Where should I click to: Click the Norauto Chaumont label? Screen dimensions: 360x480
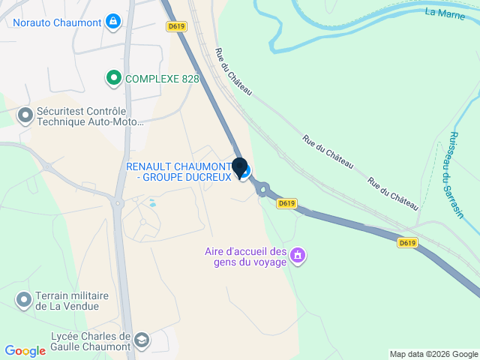click(x=56, y=22)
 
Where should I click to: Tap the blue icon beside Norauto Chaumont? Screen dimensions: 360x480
click(x=112, y=21)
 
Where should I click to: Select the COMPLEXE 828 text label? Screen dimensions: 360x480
click(x=162, y=78)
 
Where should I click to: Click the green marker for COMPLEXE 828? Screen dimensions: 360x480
click(x=113, y=77)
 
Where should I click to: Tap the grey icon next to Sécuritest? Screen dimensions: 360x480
click(x=25, y=116)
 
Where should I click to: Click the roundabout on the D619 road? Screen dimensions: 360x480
click(x=263, y=190)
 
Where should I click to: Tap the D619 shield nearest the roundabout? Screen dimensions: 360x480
click(x=286, y=202)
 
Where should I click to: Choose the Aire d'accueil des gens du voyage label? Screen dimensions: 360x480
click(x=246, y=256)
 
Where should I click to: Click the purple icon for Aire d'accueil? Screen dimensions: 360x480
click(x=298, y=256)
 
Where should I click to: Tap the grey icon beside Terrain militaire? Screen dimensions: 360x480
click(x=23, y=301)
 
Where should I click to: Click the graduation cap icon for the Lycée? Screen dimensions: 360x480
click(x=141, y=342)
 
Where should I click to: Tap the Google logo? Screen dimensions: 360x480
click(x=25, y=351)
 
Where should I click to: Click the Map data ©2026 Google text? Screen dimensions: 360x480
click(x=433, y=354)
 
